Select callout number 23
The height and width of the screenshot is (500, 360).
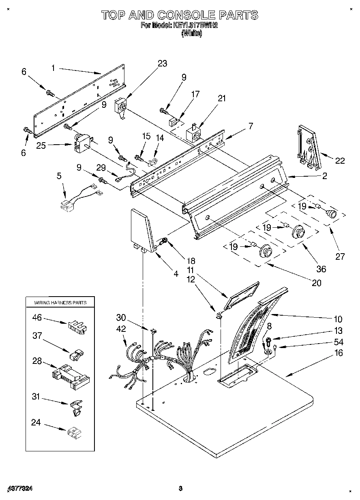pyautogui.click(x=162, y=64)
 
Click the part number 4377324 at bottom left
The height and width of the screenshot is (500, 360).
pyautogui.click(x=19, y=489)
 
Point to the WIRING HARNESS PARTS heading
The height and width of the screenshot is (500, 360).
pyautogui.click(x=60, y=303)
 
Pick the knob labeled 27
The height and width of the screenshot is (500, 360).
pyautogui.click(x=332, y=214)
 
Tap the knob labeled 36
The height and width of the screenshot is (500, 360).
pyautogui.click(x=299, y=232)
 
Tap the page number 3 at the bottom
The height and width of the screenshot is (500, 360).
pyautogui.click(x=180, y=489)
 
